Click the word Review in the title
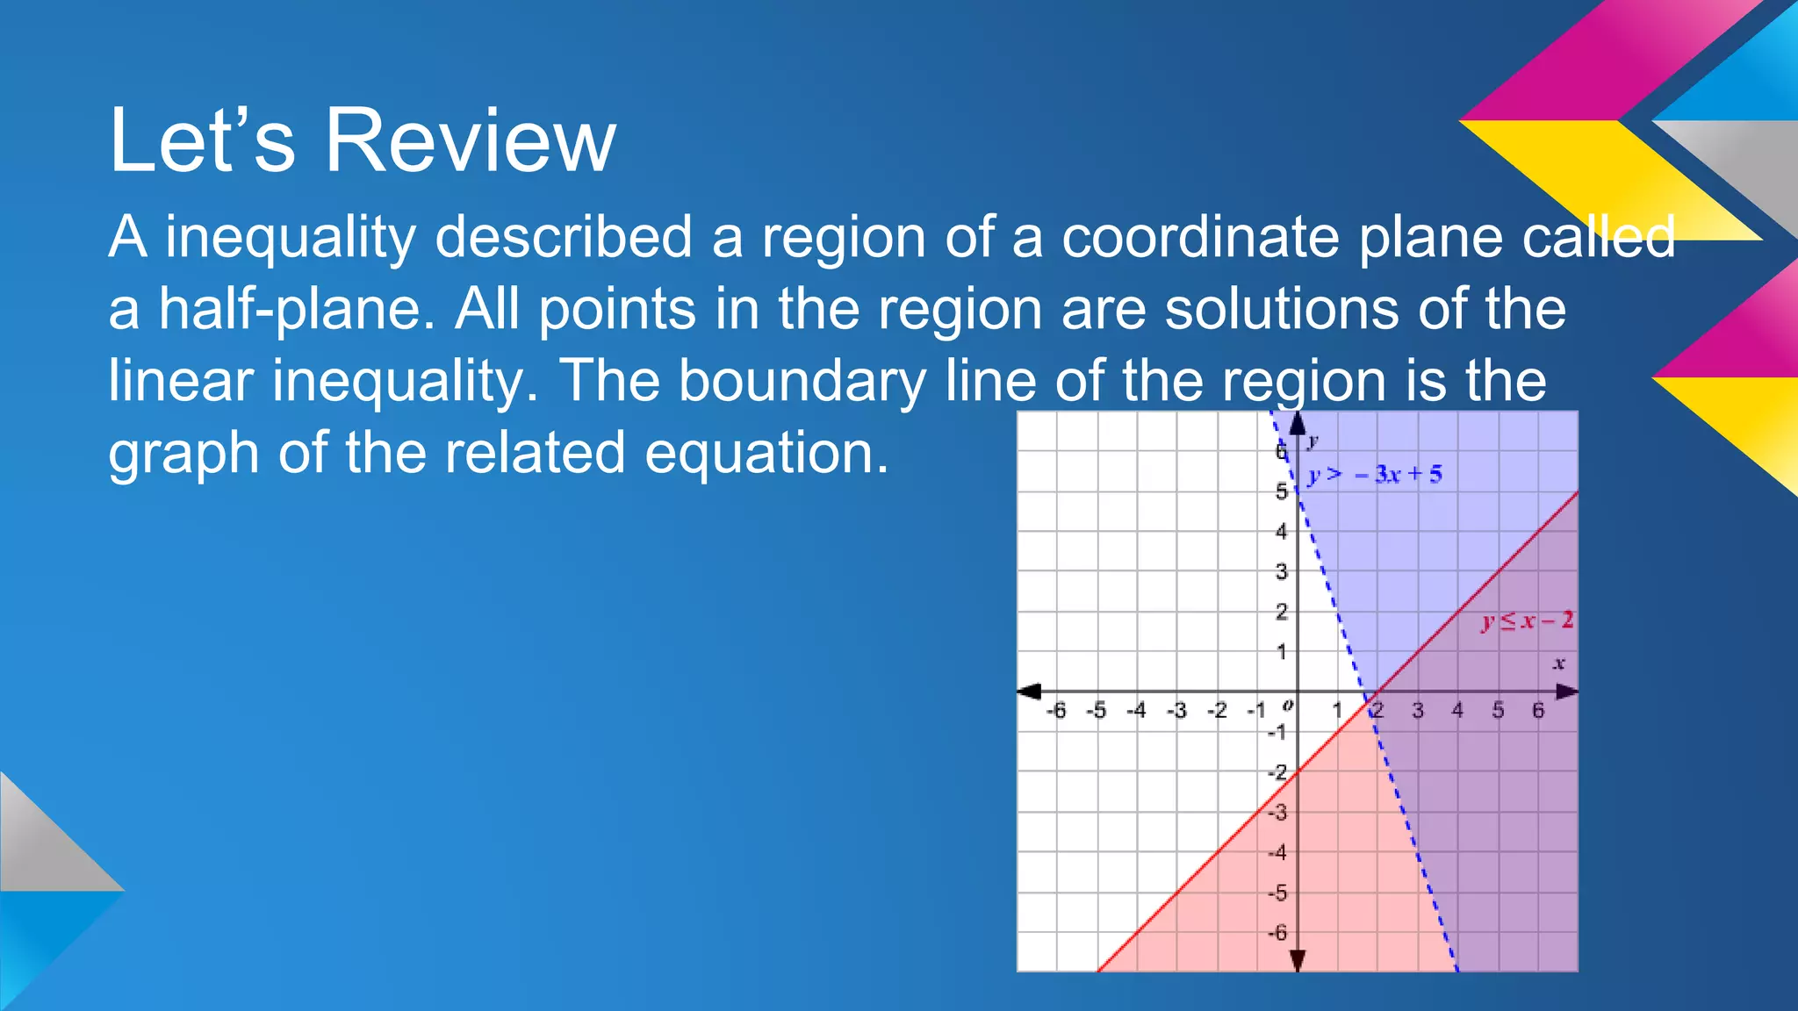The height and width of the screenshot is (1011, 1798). pos(471,140)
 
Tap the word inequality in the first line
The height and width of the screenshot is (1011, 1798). pos(290,239)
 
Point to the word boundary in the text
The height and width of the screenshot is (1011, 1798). pos(802,382)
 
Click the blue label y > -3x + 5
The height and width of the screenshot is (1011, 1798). pos(1375,475)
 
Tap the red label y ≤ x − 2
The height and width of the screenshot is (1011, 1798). pos(1528,621)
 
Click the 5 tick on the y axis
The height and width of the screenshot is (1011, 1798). pos(1282,491)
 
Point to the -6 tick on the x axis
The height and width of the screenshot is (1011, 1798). pos(1056,710)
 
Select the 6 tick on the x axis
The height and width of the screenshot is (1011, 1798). pos(1538,710)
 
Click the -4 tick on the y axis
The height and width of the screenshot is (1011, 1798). pos(1278,852)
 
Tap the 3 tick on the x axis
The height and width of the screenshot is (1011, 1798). pos(1418,710)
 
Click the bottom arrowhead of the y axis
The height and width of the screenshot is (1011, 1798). pos(1298,961)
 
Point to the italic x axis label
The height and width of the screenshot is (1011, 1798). pos(1559,663)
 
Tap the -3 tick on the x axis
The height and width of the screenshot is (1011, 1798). pos(1176,710)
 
